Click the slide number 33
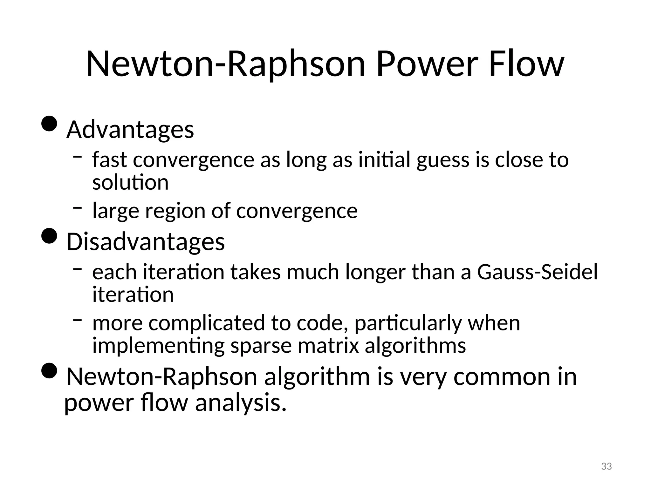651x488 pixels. point(606,466)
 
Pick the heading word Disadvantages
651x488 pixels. point(146,242)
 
